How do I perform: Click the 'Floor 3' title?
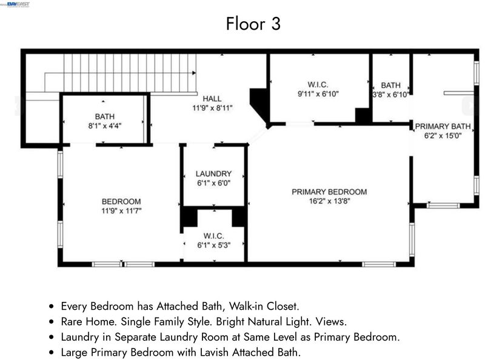tap(253, 24)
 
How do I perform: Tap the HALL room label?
tap(212, 99)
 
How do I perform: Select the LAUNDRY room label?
tap(213, 174)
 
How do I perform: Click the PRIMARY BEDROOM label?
tap(329, 192)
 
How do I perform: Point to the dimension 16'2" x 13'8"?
tap(329, 201)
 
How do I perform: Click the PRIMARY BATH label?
tap(443, 126)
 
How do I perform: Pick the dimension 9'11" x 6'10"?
tap(318, 94)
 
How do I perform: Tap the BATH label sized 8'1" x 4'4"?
tap(105, 116)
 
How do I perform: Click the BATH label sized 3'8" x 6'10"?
tap(390, 85)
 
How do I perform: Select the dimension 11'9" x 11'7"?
tap(121, 211)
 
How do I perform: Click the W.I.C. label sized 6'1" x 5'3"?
tap(214, 236)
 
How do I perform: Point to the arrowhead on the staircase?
tap(194, 73)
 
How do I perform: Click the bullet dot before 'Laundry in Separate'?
tap(52, 337)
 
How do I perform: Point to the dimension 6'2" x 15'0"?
tap(443, 136)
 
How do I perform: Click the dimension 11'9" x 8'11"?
tap(212, 108)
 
